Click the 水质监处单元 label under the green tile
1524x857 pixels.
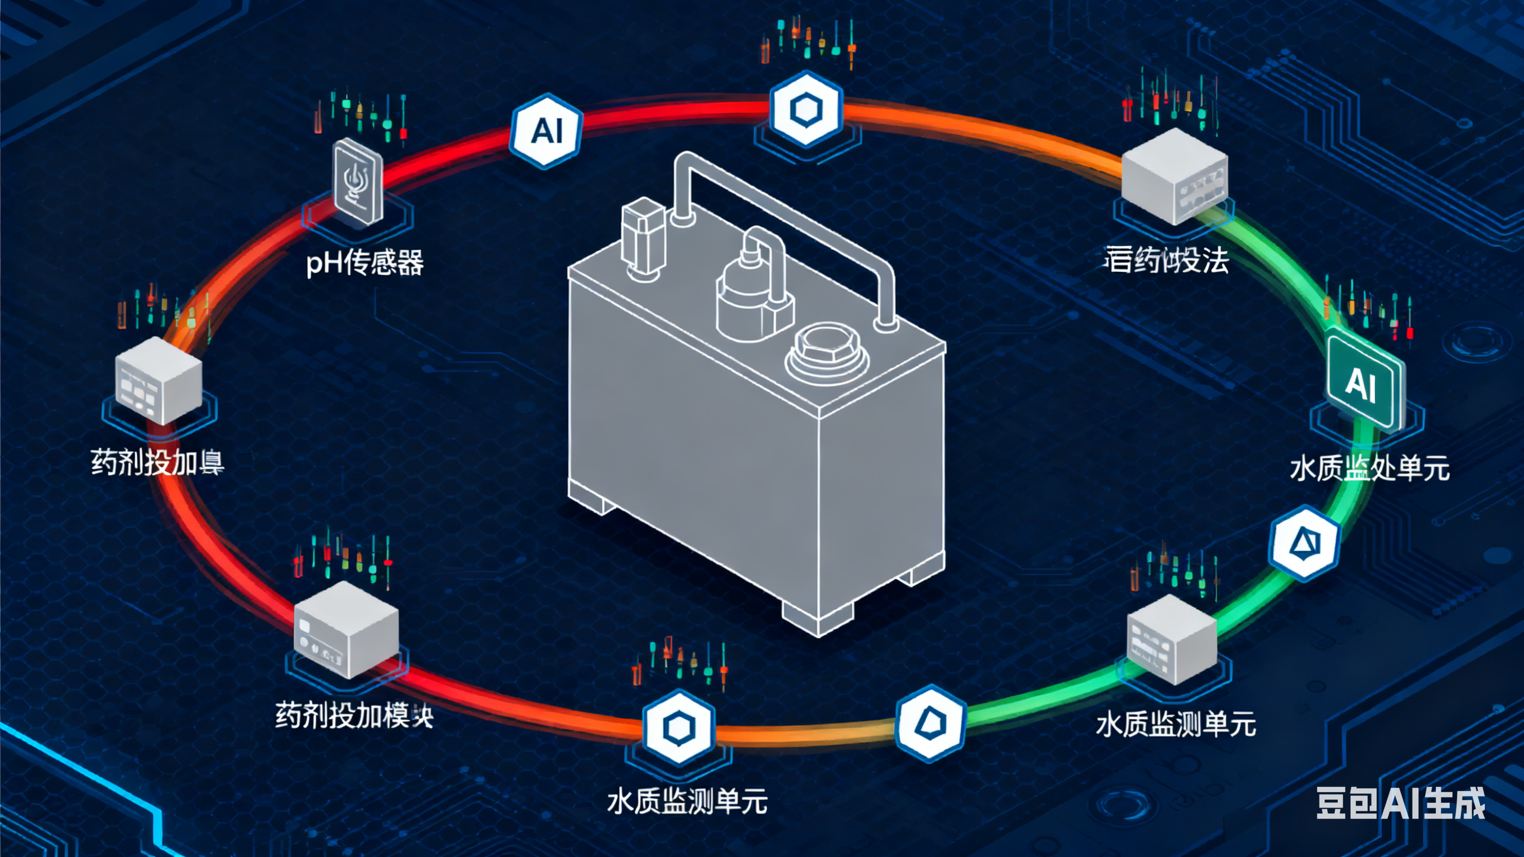pyautogui.click(x=1369, y=469)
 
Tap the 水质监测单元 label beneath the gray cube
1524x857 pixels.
pyautogui.click(x=1176, y=724)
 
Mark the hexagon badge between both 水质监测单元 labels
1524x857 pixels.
pyautogui.click(x=931, y=722)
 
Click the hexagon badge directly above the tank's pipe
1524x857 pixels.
pyautogui.click(x=806, y=109)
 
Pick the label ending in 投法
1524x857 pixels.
pyautogui.click(x=1166, y=260)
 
